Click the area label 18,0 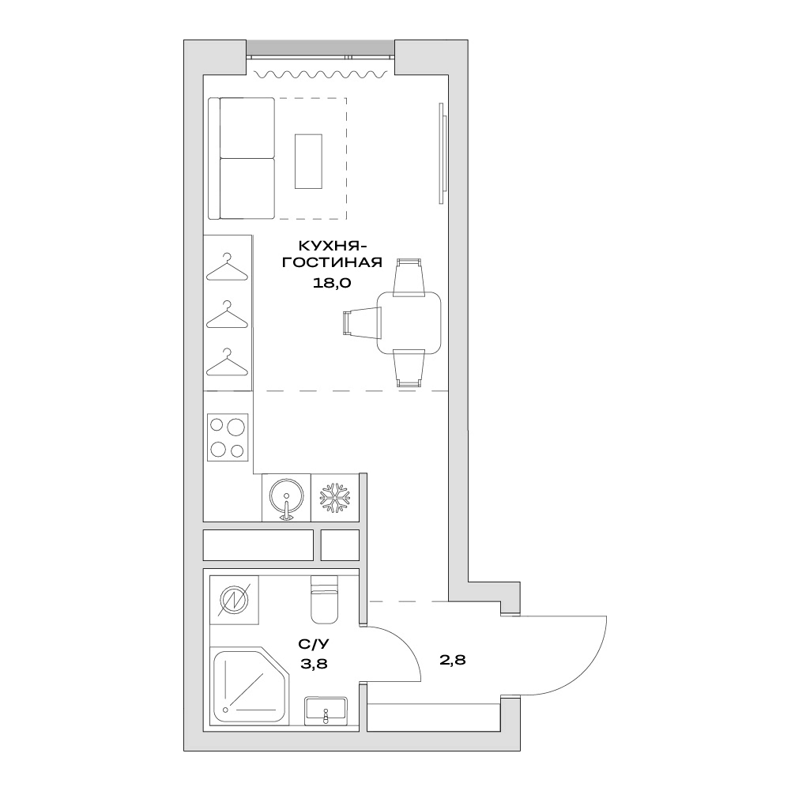[x=331, y=283]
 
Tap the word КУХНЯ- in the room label [x=333, y=247]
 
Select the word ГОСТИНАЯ [x=331, y=263]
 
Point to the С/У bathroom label [x=314, y=644]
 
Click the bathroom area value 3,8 [x=314, y=664]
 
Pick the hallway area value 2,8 [x=453, y=659]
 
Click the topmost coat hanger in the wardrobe [x=227, y=267]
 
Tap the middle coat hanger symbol [x=227, y=315]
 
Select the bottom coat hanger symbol [x=227, y=362]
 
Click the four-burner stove [x=228, y=437]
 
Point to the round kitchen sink [x=286, y=497]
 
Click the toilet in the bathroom [x=324, y=599]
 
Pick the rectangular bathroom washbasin [x=326, y=710]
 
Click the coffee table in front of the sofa [x=308, y=161]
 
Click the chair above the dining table [x=409, y=277]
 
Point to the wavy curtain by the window [x=322, y=74]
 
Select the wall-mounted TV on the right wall [x=443, y=153]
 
